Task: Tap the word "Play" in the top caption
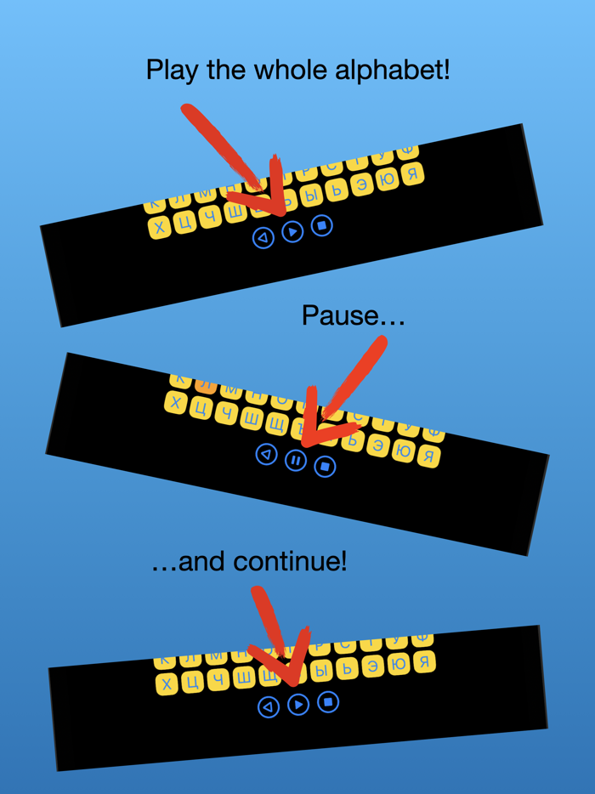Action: coord(173,70)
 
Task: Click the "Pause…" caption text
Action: coord(353,316)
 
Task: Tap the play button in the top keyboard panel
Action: coord(292,231)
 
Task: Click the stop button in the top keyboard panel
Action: coord(321,225)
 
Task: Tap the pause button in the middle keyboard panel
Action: coord(295,460)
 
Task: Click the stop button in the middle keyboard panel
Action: coord(324,466)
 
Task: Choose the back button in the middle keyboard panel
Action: coord(267,455)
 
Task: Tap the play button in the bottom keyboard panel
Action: coord(297,705)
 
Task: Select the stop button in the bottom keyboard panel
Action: coord(328,702)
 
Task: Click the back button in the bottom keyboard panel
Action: coord(268,706)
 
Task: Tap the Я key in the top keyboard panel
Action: coord(412,175)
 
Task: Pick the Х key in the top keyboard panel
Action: coord(160,227)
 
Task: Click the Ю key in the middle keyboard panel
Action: coord(405,452)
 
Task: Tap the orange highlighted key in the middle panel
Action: coord(205,384)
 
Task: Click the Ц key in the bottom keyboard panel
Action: coord(192,682)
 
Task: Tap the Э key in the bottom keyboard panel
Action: coord(373,666)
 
